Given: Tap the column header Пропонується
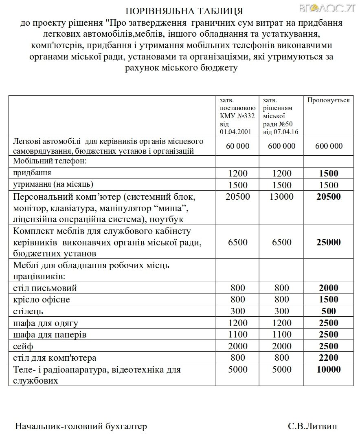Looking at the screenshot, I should pyautogui.click(x=328, y=100).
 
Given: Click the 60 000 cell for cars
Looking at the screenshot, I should pyautogui.click(x=238, y=146).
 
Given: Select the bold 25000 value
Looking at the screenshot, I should pyautogui.click(x=328, y=242).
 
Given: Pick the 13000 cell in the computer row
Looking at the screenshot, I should pyautogui.click(x=281, y=197).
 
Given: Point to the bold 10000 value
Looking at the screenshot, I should pyautogui.click(x=328, y=370).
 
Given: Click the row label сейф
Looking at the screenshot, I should pyautogui.click(x=23, y=346).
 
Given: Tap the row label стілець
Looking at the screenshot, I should pyautogui.click(x=28, y=311).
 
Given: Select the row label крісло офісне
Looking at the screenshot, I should pyautogui.click(x=42, y=300).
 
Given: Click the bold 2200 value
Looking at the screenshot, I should pyautogui.click(x=328, y=358).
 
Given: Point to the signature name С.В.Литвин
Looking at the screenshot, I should pyautogui.click(x=312, y=426).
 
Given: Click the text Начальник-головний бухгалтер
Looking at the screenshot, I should pyautogui.click(x=81, y=426).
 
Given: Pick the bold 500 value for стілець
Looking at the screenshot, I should pyautogui.click(x=328, y=311).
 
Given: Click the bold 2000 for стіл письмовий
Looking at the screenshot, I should pyautogui.click(x=328, y=288).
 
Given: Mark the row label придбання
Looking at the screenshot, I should pyautogui.click(x=32, y=173).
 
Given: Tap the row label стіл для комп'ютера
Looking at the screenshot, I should pyautogui.click(x=55, y=358).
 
